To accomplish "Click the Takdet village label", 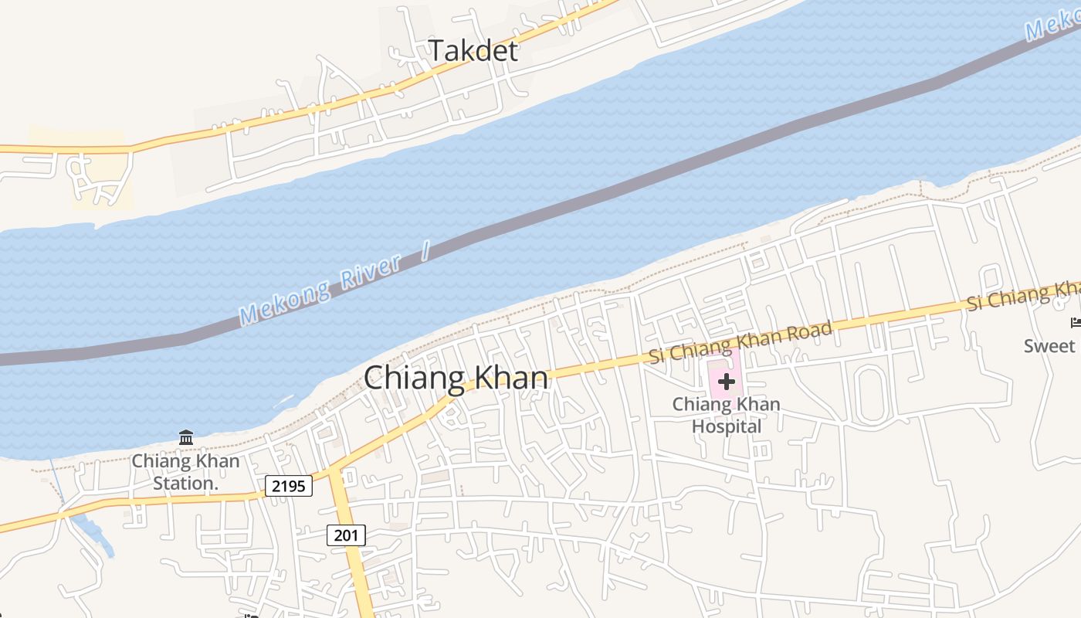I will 473,51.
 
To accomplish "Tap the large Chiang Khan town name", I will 456,379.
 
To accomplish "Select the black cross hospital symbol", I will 726,382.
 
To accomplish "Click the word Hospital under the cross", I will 726,426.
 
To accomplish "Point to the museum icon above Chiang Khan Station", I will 186,438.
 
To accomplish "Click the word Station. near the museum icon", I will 184,484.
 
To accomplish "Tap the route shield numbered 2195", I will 289,486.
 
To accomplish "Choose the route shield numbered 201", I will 346,535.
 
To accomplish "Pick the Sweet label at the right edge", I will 1049,345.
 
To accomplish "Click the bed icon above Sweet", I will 1074,322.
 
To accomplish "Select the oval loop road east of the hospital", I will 870,395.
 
